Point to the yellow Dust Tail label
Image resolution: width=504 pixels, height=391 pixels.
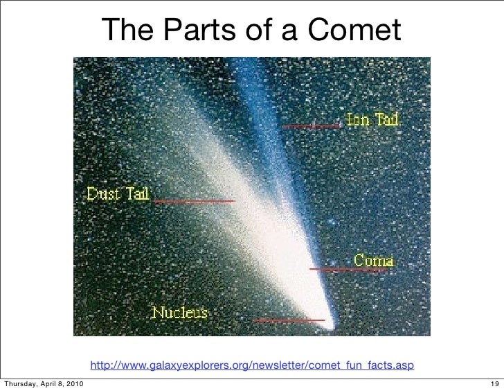(x=118, y=193)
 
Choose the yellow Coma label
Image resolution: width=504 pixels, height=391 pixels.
(x=374, y=261)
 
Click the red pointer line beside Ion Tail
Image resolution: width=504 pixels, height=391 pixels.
(x=312, y=126)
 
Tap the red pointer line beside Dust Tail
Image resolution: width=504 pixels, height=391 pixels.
(x=194, y=201)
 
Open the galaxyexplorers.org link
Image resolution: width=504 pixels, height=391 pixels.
(x=252, y=365)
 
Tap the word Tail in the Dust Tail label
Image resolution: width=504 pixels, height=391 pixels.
(x=136, y=193)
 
